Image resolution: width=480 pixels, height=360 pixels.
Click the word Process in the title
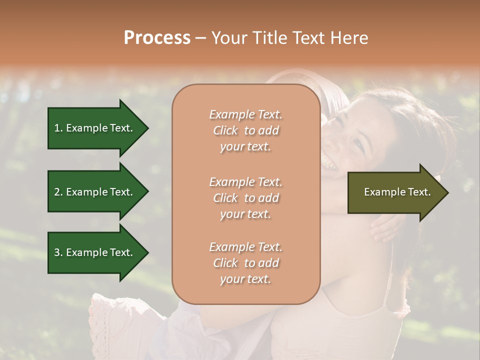pyautogui.click(x=157, y=38)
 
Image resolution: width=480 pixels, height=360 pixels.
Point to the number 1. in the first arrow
pyautogui.click(x=58, y=128)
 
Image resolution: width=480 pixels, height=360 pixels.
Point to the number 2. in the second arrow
pyautogui.click(x=58, y=192)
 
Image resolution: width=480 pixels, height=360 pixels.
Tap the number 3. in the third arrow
pyautogui.click(x=58, y=252)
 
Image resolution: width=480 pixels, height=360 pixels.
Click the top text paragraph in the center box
pyautogui.click(x=245, y=130)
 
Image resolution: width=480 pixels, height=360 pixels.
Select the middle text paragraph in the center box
pyautogui.click(x=245, y=197)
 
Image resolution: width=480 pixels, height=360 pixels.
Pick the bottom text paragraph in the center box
pyautogui.click(x=245, y=263)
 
